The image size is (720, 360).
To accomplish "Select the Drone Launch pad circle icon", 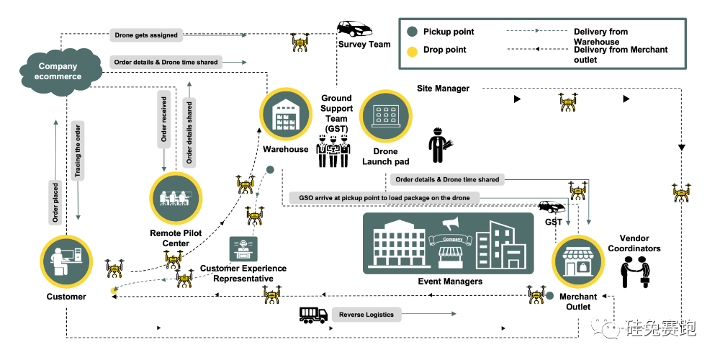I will point(385,117).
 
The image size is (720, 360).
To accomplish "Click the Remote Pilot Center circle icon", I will point(176,198).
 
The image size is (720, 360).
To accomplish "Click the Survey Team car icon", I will point(354,29).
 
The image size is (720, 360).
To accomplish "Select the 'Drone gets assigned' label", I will point(146,35).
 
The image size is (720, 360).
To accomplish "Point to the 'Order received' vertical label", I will point(165,119).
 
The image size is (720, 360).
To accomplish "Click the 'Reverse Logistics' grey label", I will point(366,315).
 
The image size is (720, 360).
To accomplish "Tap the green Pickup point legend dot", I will point(412,32).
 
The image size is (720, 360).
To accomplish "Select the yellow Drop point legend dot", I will point(412,50).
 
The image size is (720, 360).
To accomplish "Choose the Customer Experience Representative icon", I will point(243,248).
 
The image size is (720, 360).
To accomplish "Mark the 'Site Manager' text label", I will point(443,89).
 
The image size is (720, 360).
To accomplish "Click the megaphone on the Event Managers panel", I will point(451,224).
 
